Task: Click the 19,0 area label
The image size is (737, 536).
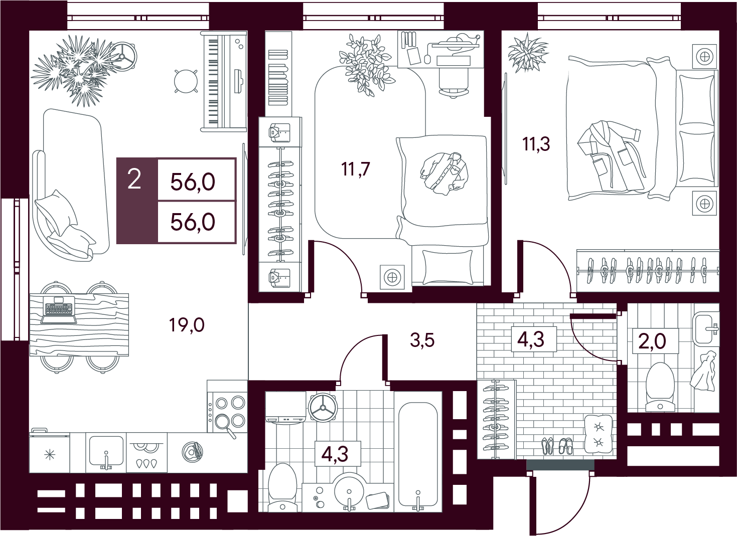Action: [187, 325]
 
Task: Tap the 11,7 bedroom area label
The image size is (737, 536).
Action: [356, 169]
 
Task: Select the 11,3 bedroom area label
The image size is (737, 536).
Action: [536, 144]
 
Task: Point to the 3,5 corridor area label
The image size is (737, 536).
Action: [422, 340]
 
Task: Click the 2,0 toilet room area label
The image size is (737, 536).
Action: [652, 341]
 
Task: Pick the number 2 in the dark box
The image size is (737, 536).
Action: [134, 180]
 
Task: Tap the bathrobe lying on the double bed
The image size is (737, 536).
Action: [609, 156]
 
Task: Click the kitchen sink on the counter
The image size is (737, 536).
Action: [106, 452]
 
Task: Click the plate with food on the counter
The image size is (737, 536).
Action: [193, 452]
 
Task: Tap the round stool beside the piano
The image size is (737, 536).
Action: [186, 81]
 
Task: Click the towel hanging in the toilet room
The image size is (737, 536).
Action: [703, 371]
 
